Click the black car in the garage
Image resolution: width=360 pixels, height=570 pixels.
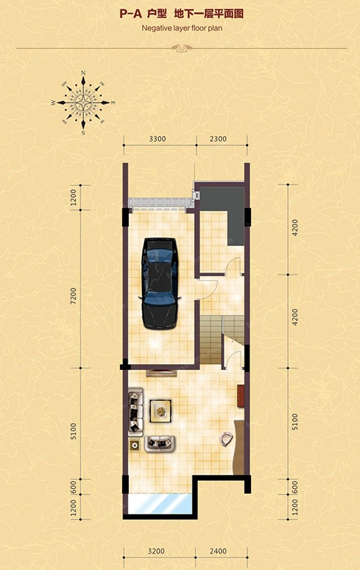[x=160, y=284]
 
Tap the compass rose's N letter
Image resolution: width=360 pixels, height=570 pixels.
[x=83, y=73]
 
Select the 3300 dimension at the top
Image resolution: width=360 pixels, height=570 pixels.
[x=158, y=139]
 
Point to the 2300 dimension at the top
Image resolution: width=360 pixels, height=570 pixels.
[x=218, y=139]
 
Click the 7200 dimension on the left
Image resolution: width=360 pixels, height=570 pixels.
[x=73, y=296]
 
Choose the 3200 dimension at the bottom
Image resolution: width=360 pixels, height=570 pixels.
[x=156, y=551]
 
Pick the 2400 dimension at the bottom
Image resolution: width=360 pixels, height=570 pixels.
[x=218, y=551]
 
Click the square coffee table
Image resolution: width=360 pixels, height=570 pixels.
[x=160, y=411]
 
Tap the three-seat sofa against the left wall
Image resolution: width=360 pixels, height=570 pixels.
[x=135, y=411]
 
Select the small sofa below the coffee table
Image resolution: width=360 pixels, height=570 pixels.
[x=160, y=444]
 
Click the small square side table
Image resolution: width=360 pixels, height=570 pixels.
[x=135, y=445]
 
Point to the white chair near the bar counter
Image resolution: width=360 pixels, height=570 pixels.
[x=226, y=439]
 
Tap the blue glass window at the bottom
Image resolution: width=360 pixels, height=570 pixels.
[x=160, y=504]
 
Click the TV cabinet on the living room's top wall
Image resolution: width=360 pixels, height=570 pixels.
[x=161, y=373]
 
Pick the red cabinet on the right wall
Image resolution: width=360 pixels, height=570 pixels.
[x=241, y=396]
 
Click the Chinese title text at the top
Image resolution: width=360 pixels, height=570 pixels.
[x=182, y=14]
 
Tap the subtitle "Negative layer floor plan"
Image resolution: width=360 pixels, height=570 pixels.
[x=182, y=28]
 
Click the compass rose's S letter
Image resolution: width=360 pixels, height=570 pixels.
[x=83, y=133]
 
